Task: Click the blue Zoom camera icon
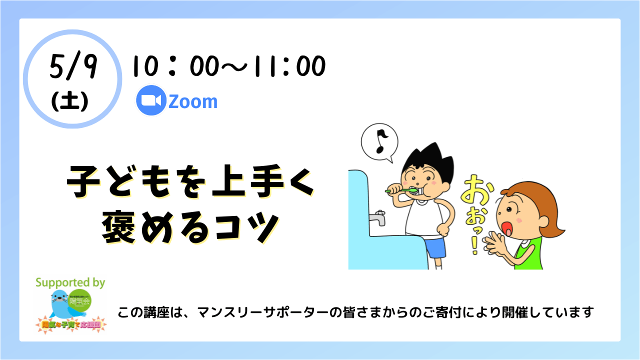coord(151,101)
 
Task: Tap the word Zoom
coord(193,101)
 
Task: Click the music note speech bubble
coord(379,141)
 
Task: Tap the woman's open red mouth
coord(509,229)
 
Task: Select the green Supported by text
coord(70,282)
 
